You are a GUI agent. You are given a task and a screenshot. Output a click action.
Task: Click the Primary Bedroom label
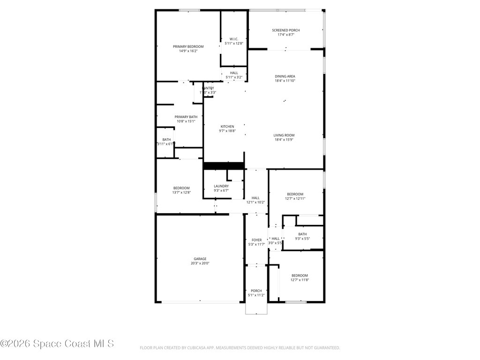188,46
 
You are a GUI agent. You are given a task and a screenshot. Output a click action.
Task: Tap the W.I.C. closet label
234,39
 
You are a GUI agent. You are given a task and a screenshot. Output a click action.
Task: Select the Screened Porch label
285,30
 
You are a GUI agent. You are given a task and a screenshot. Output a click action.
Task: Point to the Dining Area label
285,76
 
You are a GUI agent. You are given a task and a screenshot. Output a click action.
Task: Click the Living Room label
284,135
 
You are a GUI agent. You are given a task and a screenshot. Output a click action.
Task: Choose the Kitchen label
227,127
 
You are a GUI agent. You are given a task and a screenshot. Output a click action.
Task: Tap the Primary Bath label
186,117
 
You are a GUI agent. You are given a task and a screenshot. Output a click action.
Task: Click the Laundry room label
221,186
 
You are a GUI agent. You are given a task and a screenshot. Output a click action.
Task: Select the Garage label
200,259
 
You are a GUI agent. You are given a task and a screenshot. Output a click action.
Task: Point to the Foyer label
257,240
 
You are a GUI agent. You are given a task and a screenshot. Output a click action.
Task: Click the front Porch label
256,291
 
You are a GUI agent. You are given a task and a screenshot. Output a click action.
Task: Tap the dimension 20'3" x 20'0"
200,263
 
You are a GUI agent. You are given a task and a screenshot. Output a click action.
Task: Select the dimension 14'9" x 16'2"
188,51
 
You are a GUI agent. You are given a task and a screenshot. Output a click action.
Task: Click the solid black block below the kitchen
224,165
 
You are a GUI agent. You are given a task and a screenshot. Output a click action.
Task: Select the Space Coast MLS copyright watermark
57,344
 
